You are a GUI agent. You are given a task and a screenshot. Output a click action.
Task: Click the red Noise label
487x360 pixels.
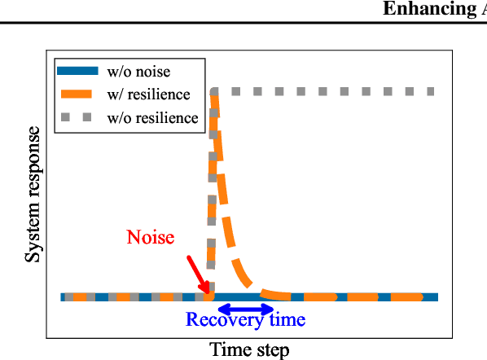click(150, 237)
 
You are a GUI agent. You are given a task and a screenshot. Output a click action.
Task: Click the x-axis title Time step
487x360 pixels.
click(249, 350)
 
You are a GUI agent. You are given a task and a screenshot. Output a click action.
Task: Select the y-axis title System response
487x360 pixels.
click(33, 193)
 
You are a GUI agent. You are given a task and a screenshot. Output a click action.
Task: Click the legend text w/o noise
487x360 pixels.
click(138, 72)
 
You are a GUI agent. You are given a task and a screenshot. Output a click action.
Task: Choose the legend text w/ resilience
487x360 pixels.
click(148, 94)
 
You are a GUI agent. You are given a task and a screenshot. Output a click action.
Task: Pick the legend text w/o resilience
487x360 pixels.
click(152, 117)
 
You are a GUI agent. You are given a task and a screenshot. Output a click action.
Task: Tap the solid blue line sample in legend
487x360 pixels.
click(79, 72)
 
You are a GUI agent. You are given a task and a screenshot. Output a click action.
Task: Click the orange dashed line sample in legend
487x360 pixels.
click(79, 94)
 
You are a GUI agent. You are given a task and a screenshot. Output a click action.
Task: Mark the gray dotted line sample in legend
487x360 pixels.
click(79, 117)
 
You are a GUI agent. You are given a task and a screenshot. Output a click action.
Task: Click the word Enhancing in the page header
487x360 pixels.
click(423, 9)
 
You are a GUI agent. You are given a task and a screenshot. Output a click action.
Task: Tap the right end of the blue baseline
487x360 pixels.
click(436, 296)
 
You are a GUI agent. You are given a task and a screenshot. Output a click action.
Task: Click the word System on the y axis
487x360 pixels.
click(33, 235)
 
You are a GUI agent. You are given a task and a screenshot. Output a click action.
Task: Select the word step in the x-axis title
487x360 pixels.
click(272, 351)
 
